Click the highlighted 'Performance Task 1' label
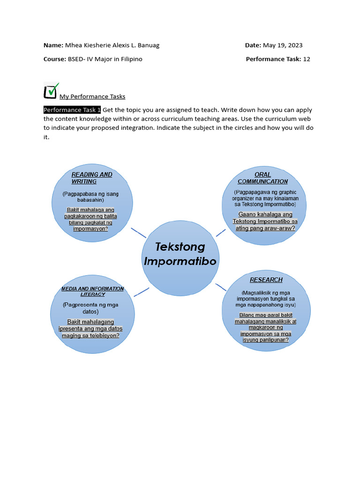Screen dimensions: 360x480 pyautogui.click(x=72, y=110)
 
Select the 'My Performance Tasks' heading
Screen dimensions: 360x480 pyautogui.click(x=92, y=97)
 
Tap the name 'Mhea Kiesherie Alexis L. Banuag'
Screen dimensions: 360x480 pyautogui.click(x=115, y=45)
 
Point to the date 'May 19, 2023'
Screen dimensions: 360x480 pyautogui.click(x=283, y=45)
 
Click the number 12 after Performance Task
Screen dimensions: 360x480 pyautogui.click(x=307, y=59)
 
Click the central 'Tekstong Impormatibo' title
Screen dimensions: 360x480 pyautogui.click(x=180, y=254)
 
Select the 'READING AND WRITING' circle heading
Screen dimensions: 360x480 pyautogui.click(x=91, y=178)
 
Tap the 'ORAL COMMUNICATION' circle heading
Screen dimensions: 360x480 pyautogui.click(x=262, y=178)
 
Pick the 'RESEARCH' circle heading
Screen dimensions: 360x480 pyautogui.click(x=266, y=280)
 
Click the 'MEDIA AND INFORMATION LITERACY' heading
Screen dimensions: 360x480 pyautogui.click(x=92, y=291)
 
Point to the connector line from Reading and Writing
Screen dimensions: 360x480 pyautogui.click(x=138, y=233)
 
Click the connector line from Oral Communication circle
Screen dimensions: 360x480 pyautogui.click(x=221, y=232)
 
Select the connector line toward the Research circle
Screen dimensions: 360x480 pyautogui.click(x=221, y=287)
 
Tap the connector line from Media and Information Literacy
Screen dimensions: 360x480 pyautogui.click(x=141, y=292)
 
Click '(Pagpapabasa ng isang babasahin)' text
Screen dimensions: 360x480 pyautogui.click(x=90, y=197)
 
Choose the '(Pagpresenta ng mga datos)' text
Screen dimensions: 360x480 pyautogui.click(x=90, y=308)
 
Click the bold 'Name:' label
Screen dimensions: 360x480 pyautogui.click(x=53, y=45)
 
